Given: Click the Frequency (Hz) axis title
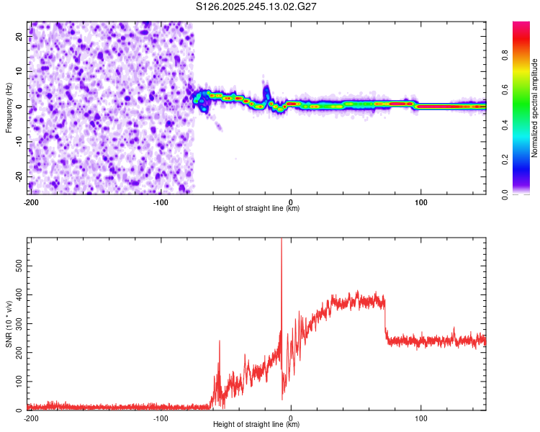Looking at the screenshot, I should (x=9, y=108).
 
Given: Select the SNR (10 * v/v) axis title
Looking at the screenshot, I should (x=9, y=324).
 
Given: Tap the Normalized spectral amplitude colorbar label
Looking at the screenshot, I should (x=534, y=108).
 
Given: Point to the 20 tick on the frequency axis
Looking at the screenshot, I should (x=20, y=37).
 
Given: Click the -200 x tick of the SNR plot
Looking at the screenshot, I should (x=31, y=418).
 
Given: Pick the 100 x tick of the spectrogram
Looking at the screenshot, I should (x=422, y=202).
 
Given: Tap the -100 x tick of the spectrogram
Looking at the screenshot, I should (x=161, y=202).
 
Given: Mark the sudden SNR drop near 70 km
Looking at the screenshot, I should (x=385, y=317).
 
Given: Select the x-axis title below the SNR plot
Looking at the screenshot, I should (x=257, y=425).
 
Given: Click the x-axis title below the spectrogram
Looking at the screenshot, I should (x=257, y=209).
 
